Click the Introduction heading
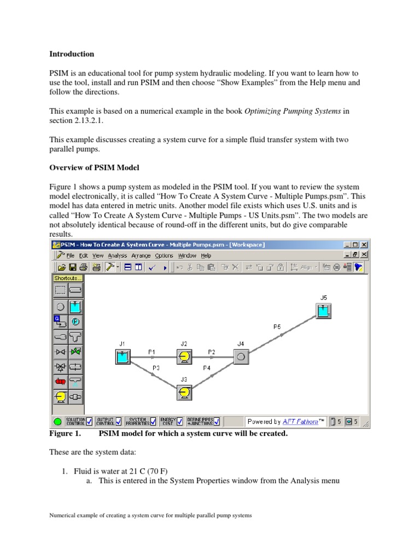click(x=72, y=54)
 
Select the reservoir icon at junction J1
click(x=122, y=358)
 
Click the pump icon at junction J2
click(x=184, y=358)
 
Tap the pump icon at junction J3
click(x=184, y=392)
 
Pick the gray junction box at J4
click(x=241, y=358)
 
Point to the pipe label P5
click(x=277, y=326)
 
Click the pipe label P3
click(x=156, y=368)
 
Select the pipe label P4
click(x=207, y=368)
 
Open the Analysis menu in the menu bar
click(x=117, y=255)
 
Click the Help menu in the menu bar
click(x=206, y=255)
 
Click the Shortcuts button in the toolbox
click(x=68, y=278)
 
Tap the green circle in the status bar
click(x=58, y=422)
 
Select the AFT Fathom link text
click(x=300, y=422)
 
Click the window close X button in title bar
click(x=364, y=244)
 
